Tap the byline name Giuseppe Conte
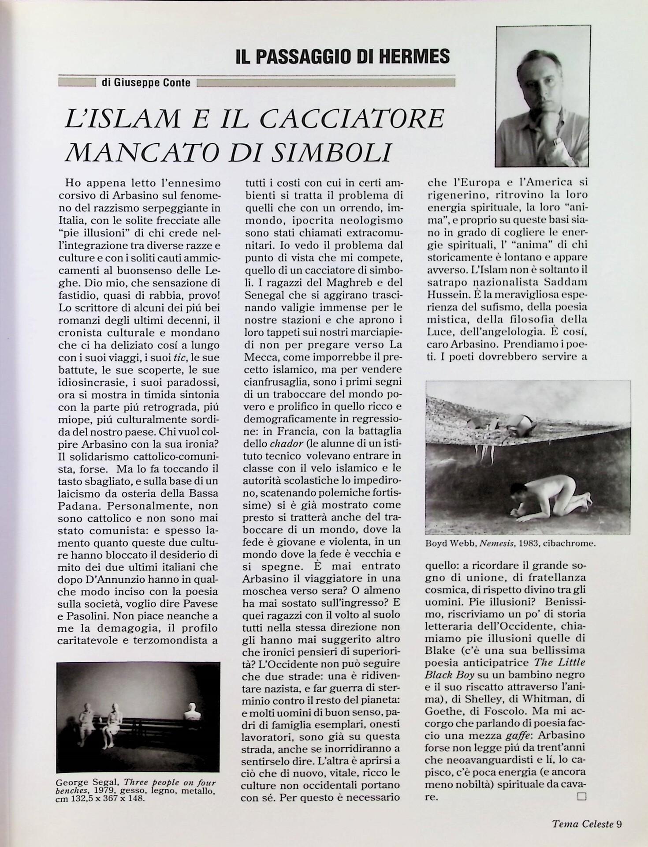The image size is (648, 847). point(145,82)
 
